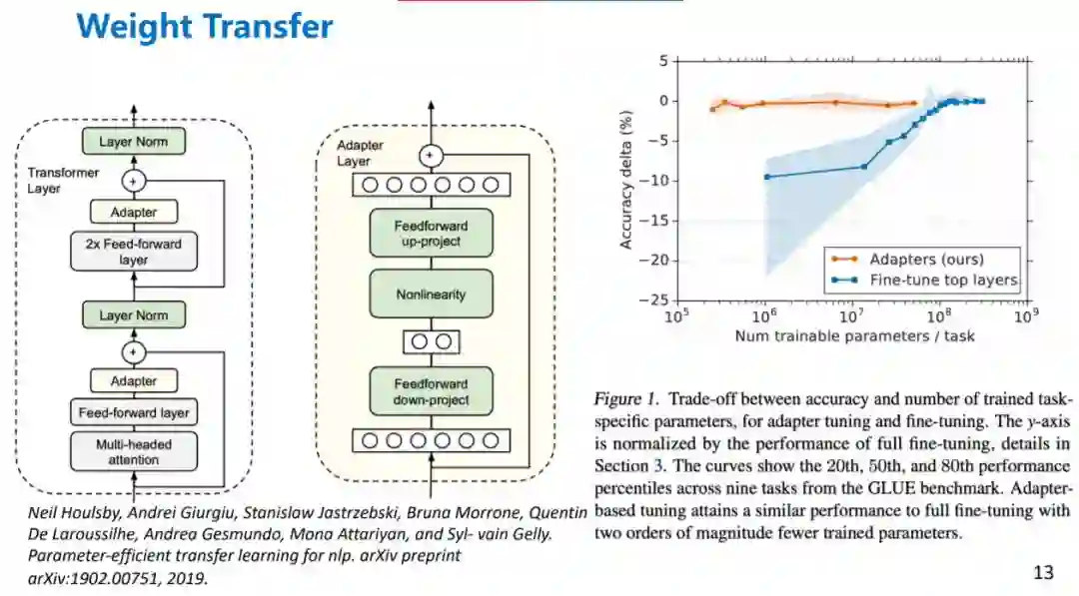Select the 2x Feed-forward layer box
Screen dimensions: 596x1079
[x=133, y=252]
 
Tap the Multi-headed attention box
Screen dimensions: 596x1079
[x=133, y=451]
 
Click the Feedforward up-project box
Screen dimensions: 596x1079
[x=432, y=233]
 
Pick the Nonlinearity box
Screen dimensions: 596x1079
[x=432, y=295]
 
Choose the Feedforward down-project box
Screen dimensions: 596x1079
[x=432, y=392]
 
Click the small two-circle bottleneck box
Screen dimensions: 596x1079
[x=432, y=341]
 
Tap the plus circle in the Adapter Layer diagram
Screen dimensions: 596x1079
[x=432, y=156]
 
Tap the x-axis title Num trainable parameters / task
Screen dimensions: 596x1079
[x=854, y=335]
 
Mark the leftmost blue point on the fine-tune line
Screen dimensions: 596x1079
[x=767, y=177]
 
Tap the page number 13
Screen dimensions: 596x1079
[x=1043, y=572]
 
